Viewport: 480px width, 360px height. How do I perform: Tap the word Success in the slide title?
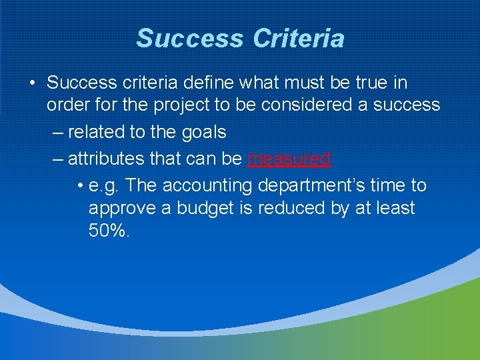pos(190,38)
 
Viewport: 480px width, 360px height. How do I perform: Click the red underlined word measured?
pos(288,159)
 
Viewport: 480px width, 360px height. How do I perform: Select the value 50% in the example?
pos(109,231)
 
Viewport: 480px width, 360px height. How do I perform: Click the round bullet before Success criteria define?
pos(31,84)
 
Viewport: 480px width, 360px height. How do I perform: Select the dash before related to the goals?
pos(57,132)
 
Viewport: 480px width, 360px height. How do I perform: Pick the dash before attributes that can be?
pos(57,159)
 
